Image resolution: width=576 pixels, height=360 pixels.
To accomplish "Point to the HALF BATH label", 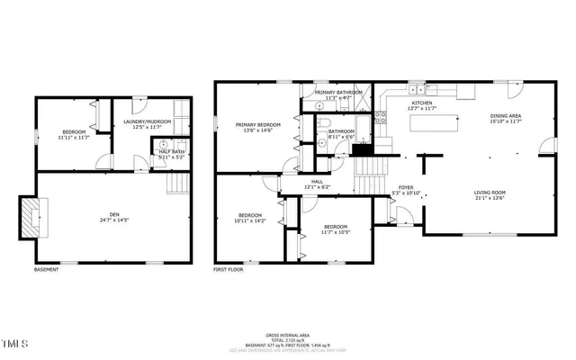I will click(171, 153).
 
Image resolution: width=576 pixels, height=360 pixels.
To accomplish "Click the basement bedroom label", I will click(72, 134).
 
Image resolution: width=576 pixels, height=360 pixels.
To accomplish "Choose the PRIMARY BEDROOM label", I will click(257, 127).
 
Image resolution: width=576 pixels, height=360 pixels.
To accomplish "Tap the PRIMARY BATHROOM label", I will click(339, 94).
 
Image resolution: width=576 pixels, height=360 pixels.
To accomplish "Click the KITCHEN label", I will click(422, 105).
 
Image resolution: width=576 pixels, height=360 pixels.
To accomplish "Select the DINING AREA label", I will click(505, 118).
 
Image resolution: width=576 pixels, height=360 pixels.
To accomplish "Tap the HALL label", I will click(317, 184).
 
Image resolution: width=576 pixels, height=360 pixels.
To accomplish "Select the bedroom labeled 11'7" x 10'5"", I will click(335, 229).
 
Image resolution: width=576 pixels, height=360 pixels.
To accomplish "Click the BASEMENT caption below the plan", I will click(48, 270).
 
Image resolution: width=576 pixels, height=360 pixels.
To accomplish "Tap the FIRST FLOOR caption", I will click(229, 270).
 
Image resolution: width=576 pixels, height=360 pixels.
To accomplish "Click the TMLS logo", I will click(15, 343).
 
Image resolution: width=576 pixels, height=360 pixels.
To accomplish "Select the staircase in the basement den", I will click(180, 184).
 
